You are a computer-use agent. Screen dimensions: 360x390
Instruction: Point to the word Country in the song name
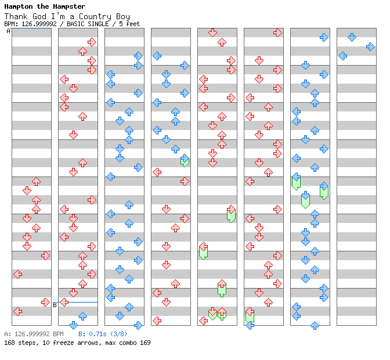pyautogui.click(x=91, y=16)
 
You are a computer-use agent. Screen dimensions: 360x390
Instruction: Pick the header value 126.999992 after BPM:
pyautogui.click(x=40, y=24)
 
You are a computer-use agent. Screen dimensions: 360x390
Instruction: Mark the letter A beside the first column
pyautogui.click(x=8, y=31)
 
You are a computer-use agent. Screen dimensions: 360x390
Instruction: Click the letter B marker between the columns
pyautogui.click(x=55, y=304)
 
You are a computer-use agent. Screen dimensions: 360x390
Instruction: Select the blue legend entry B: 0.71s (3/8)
pyautogui.click(x=103, y=334)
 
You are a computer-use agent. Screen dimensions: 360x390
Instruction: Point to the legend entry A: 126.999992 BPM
pyautogui.click(x=34, y=334)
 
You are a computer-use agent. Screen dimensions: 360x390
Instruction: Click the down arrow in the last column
pyautogui.click(x=352, y=37)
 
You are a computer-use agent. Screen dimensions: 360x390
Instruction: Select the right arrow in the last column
pyautogui.click(x=370, y=46)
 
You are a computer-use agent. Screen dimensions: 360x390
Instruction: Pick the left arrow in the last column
pyautogui.click(x=342, y=56)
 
